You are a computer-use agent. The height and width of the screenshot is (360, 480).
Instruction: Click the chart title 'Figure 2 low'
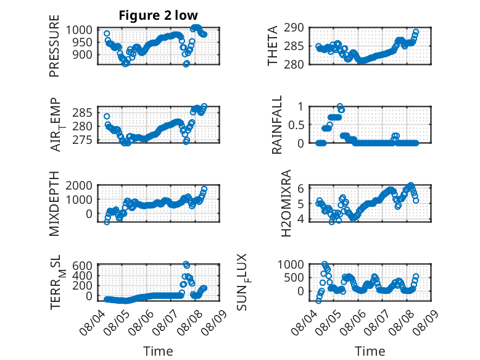[x=159, y=15]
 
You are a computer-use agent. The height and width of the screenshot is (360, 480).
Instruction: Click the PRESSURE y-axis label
[x=54, y=46]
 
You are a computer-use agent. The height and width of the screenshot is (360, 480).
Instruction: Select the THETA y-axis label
[x=272, y=46]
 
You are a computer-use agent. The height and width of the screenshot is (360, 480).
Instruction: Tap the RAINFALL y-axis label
[x=276, y=125]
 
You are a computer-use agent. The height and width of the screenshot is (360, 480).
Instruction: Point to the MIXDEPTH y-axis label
[x=54, y=203]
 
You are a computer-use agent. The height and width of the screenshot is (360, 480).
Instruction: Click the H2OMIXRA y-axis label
[x=286, y=203]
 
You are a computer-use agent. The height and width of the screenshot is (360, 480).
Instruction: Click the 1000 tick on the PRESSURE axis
[x=79, y=30]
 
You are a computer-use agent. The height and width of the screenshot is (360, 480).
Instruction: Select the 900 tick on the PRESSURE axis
[x=82, y=55]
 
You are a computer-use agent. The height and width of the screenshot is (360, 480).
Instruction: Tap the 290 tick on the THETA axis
[x=294, y=28]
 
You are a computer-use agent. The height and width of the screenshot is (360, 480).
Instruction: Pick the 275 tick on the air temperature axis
[x=82, y=140]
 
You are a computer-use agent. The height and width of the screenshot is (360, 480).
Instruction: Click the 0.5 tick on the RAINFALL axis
[x=296, y=125]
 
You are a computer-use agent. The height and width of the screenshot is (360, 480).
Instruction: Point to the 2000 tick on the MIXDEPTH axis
[x=79, y=185]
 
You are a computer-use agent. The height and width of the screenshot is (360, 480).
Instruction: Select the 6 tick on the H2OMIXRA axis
[x=300, y=188]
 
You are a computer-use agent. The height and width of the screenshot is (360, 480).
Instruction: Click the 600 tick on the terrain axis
[x=82, y=266]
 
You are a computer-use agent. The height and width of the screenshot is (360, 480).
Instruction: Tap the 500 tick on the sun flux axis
[x=294, y=278]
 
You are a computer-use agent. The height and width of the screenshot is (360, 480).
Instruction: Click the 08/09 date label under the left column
[x=215, y=321]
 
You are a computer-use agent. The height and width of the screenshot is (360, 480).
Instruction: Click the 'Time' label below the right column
[x=370, y=351]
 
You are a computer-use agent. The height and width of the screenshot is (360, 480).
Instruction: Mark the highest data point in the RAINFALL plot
[x=339, y=106]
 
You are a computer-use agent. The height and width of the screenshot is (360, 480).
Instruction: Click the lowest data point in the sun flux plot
[x=318, y=301]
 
